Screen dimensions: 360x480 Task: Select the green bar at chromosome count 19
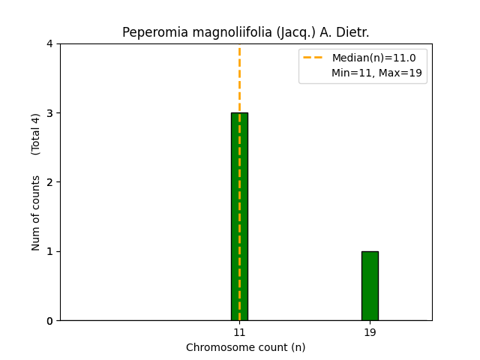click(x=370, y=286)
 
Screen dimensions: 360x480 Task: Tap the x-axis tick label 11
click(x=239, y=332)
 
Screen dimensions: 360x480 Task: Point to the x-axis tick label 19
click(x=370, y=332)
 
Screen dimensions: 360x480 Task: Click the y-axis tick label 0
click(x=50, y=321)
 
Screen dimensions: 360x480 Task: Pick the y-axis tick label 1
click(x=50, y=251)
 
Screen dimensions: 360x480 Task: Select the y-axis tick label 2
click(x=50, y=182)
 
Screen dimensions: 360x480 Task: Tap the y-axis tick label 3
click(x=50, y=113)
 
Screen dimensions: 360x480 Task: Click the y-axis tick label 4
click(x=50, y=44)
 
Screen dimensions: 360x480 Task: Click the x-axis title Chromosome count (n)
click(x=246, y=347)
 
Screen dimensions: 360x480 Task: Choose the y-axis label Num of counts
click(x=36, y=213)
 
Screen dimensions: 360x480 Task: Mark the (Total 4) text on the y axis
click(x=36, y=134)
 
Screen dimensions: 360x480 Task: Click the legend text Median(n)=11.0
click(x=373, y=58)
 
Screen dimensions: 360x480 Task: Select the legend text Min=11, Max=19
click(x=376, y=73)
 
